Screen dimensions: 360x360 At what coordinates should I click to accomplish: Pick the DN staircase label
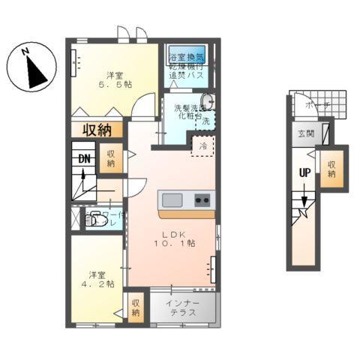point(84,159)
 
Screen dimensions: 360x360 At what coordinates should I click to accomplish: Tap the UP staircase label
point(304,171)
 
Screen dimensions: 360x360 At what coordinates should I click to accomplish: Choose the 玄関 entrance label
point(306,134)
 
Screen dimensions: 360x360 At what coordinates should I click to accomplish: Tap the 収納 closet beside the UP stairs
point(331,166)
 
